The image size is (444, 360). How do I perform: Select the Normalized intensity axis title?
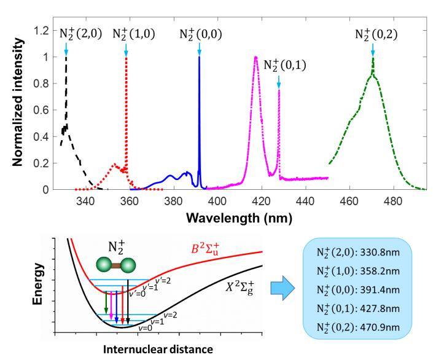(20, 108)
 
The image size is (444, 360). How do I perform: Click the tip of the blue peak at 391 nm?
(199, 57)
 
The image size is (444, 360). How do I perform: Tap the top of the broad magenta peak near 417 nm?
(255, 57)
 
